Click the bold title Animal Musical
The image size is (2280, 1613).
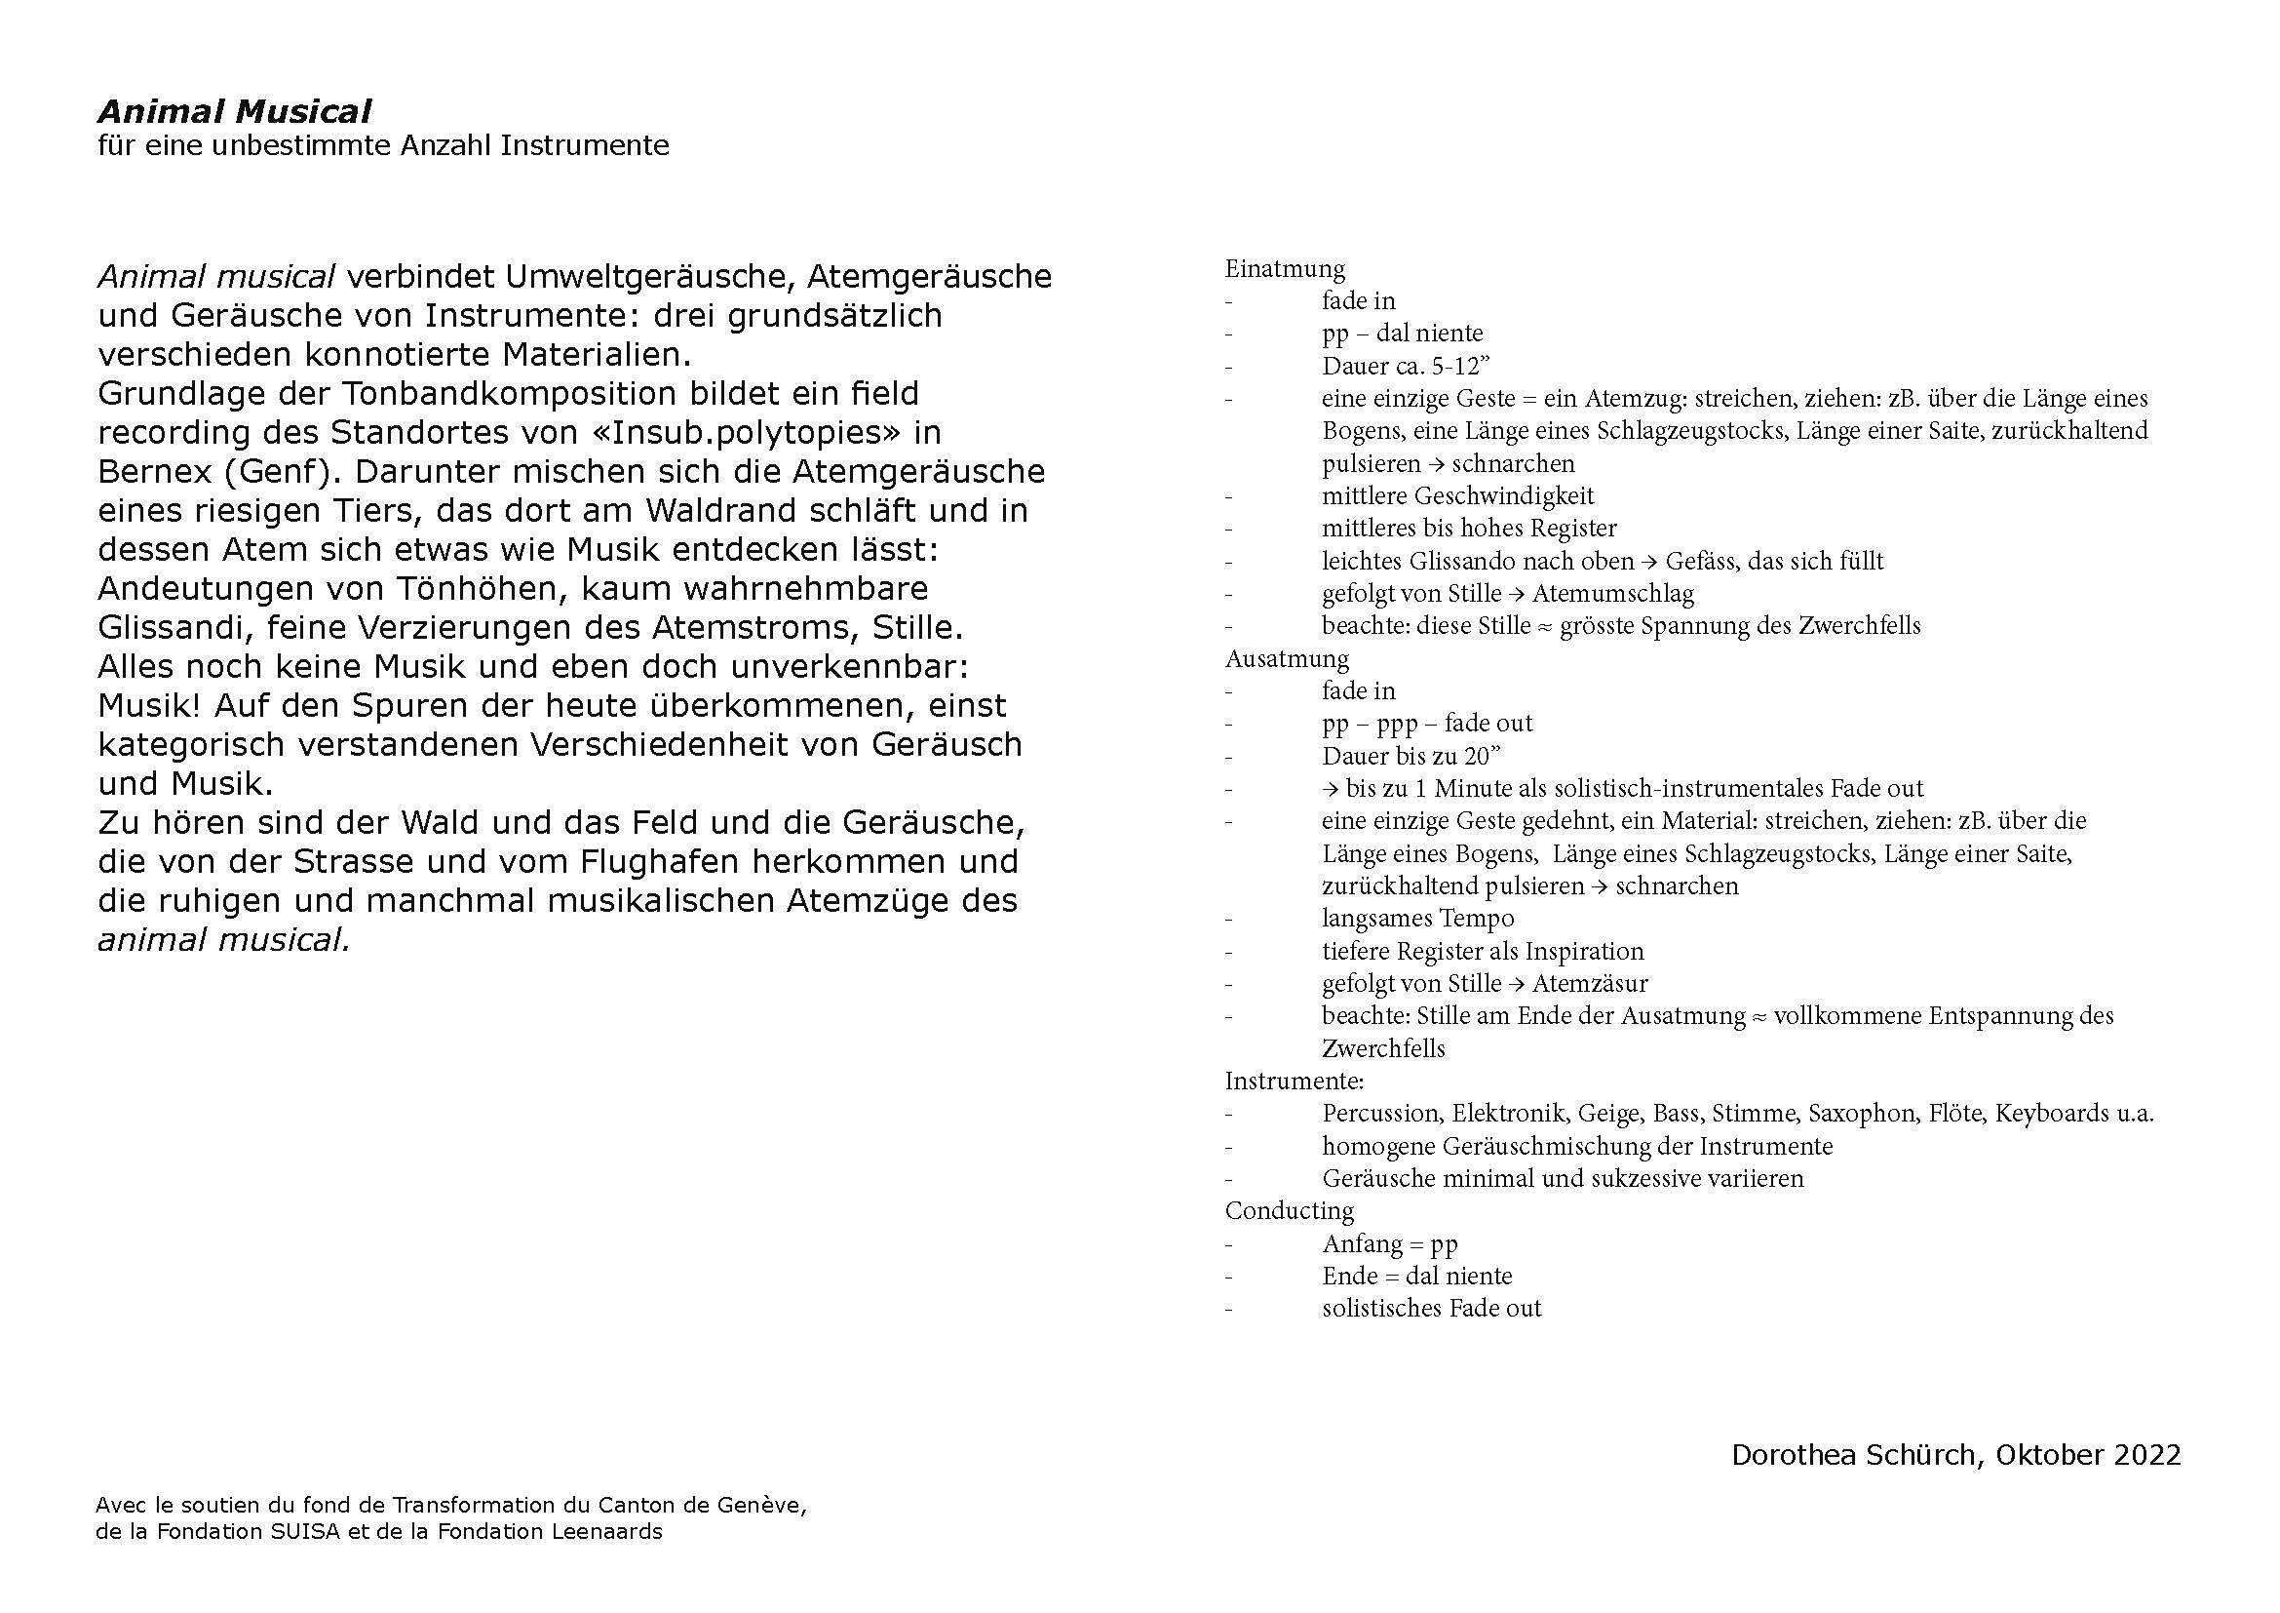pyautogui.click(x=234, y=111)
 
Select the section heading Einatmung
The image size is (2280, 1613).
pyautogui.click(x=1285, y=269)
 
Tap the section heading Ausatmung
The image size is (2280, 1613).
pyautogui.click(x=1287, y=659)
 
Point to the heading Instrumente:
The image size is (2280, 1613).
pyautogui.click(x=1294, y=1081)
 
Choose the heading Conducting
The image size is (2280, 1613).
pyautogui.click(x=1289, y=1211)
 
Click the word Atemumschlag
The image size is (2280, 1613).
pyautogui.click(x=1612, y=594)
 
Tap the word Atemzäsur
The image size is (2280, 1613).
pyautogui.click(x=1590, y=984)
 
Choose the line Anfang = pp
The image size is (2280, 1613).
pyautogui.click(x=1389, y=1244)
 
